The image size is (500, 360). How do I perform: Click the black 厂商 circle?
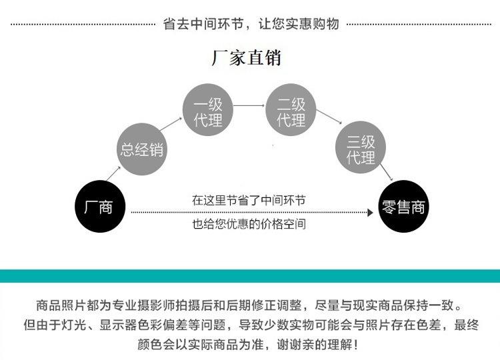pos(99,207)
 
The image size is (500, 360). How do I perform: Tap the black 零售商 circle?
pos(403,207)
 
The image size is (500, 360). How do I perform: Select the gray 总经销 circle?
pos(141,149)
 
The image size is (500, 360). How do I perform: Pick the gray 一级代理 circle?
pos(207,112)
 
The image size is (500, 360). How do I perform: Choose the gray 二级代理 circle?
pos(291,112)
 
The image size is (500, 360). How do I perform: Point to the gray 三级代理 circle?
pos(361,149)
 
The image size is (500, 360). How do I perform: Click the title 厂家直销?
pos(246,58)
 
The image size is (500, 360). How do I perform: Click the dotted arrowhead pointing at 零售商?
pos(369,212)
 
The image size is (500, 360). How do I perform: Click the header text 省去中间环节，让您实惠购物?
pos(251,24)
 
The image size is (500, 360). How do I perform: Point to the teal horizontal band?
pos(250,276)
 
